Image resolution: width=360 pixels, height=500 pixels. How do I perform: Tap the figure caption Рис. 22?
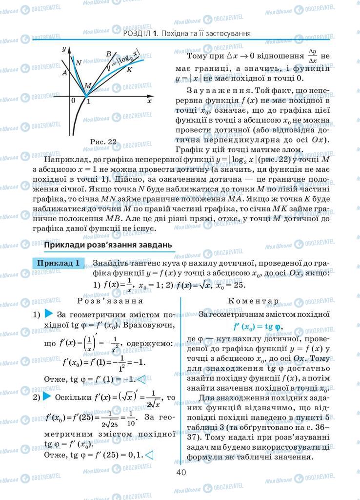[103, 142]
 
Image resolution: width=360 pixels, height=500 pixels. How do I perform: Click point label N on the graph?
[78, 62]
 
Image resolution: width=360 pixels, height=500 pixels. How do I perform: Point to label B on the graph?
[108, 54]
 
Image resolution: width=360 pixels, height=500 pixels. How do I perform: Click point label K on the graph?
[129, 70]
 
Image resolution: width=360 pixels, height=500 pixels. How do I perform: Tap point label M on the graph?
[87, 86]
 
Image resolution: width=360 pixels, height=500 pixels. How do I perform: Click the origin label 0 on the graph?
[73, 101]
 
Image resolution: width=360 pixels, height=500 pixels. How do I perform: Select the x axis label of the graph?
[150, 101]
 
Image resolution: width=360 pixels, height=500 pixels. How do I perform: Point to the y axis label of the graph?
[64, 49]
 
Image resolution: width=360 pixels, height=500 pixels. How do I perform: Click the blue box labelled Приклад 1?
[59, 263]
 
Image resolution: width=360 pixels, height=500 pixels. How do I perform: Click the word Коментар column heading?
[253, 301]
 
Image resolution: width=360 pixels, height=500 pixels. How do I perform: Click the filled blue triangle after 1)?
[49, 314]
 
